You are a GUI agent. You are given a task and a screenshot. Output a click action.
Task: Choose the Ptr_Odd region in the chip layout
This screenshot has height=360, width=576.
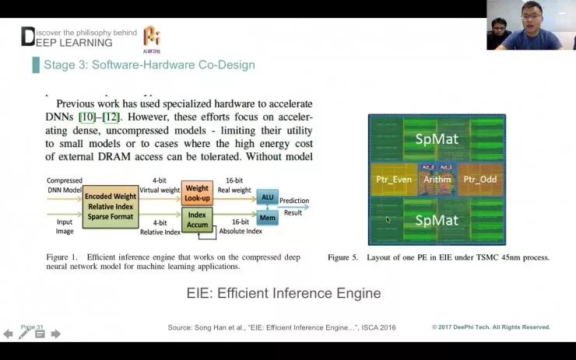pyautogui.click(x=479, y=180)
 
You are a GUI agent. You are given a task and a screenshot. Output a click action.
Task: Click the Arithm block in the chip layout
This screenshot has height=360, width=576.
pyautogui.click(x=437, y=180)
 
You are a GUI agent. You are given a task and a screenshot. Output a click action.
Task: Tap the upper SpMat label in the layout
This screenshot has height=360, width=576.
pyautogui.click(x=436, y=139)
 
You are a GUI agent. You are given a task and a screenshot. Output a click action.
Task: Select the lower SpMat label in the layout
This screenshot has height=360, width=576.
pyautogui.click(x=436, y=220)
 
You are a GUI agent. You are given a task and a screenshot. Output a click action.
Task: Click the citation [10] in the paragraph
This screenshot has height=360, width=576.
pyautogui.click(x=87, y=117)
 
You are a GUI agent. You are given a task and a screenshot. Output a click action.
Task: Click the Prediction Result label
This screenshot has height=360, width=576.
pyautogui.click(x=294, y=205)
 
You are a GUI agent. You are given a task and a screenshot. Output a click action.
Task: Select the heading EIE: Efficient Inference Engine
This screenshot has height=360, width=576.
pyautogui.click(x=283, y=293)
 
